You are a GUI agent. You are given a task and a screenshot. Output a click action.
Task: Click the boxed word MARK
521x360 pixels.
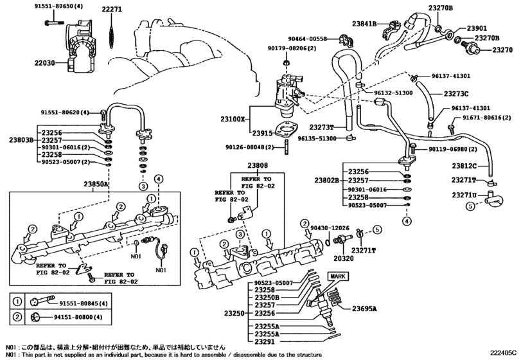tap(338, 276)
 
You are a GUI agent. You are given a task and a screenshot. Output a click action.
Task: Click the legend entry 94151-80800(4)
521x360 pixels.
tap(85, 317)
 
